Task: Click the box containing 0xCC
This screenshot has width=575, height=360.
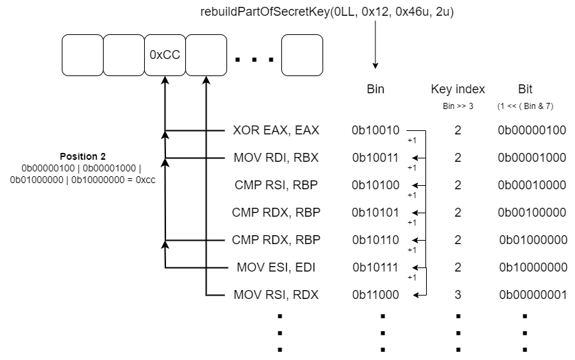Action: (165, 55)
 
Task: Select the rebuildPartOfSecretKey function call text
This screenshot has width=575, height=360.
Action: (327, 12)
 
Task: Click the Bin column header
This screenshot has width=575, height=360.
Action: (375, 89)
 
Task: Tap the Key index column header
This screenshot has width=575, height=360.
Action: (458, 89)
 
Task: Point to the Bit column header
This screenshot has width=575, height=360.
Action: (525, 89)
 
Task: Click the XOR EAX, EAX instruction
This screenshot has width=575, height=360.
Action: (276, 130)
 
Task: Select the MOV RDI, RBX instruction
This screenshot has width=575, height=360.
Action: (276, 158)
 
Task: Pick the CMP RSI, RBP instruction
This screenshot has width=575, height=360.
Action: (276, 184)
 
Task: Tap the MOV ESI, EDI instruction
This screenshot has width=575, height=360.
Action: (276, 267)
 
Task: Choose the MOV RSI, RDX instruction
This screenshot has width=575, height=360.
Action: (276, 295)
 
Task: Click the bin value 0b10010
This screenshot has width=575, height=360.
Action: (375, 130)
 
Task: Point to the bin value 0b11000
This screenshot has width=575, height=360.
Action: (375, 295)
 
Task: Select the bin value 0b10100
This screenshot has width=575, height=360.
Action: (375, 184)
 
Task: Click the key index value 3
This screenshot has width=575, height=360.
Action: (458, 295)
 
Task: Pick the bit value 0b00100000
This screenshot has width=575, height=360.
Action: (532, 213)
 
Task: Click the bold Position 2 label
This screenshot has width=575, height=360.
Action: (82, 156)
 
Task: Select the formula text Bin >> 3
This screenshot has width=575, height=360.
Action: (458, 106)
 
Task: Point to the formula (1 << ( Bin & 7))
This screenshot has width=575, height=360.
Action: (525, 106)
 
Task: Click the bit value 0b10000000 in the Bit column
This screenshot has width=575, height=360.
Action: (533, 267)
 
